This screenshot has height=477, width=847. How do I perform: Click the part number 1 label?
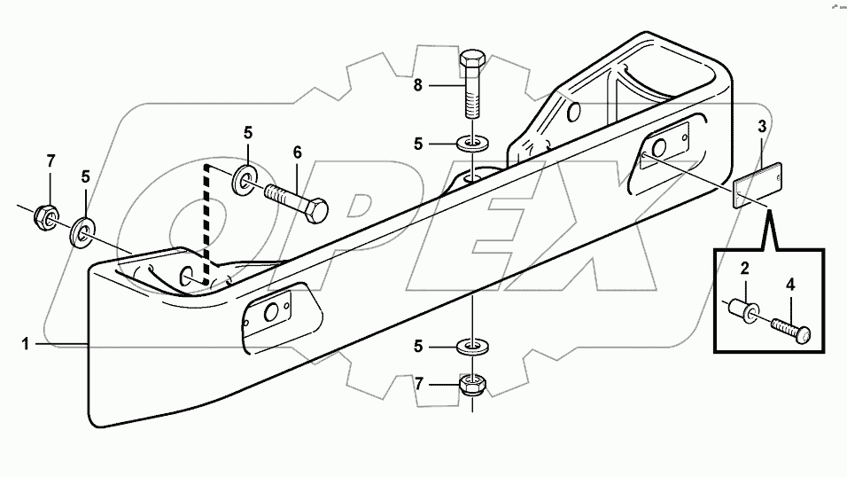point(27,343)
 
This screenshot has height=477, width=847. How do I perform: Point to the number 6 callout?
point(298,152)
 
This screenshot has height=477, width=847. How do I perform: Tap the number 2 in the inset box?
point(746,269)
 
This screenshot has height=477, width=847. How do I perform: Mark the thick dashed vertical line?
point(207,223)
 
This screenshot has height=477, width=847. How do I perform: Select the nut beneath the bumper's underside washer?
point(472,385)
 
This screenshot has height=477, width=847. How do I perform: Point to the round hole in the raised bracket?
point(572,113)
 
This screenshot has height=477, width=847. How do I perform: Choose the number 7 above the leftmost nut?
point(51,160)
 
